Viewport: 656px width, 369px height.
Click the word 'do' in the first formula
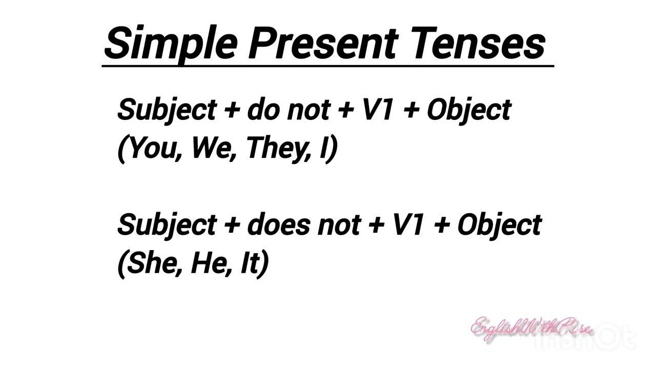[262, 110]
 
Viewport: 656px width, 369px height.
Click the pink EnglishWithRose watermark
[530, 328]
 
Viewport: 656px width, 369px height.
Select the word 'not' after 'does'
[339, 225]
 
